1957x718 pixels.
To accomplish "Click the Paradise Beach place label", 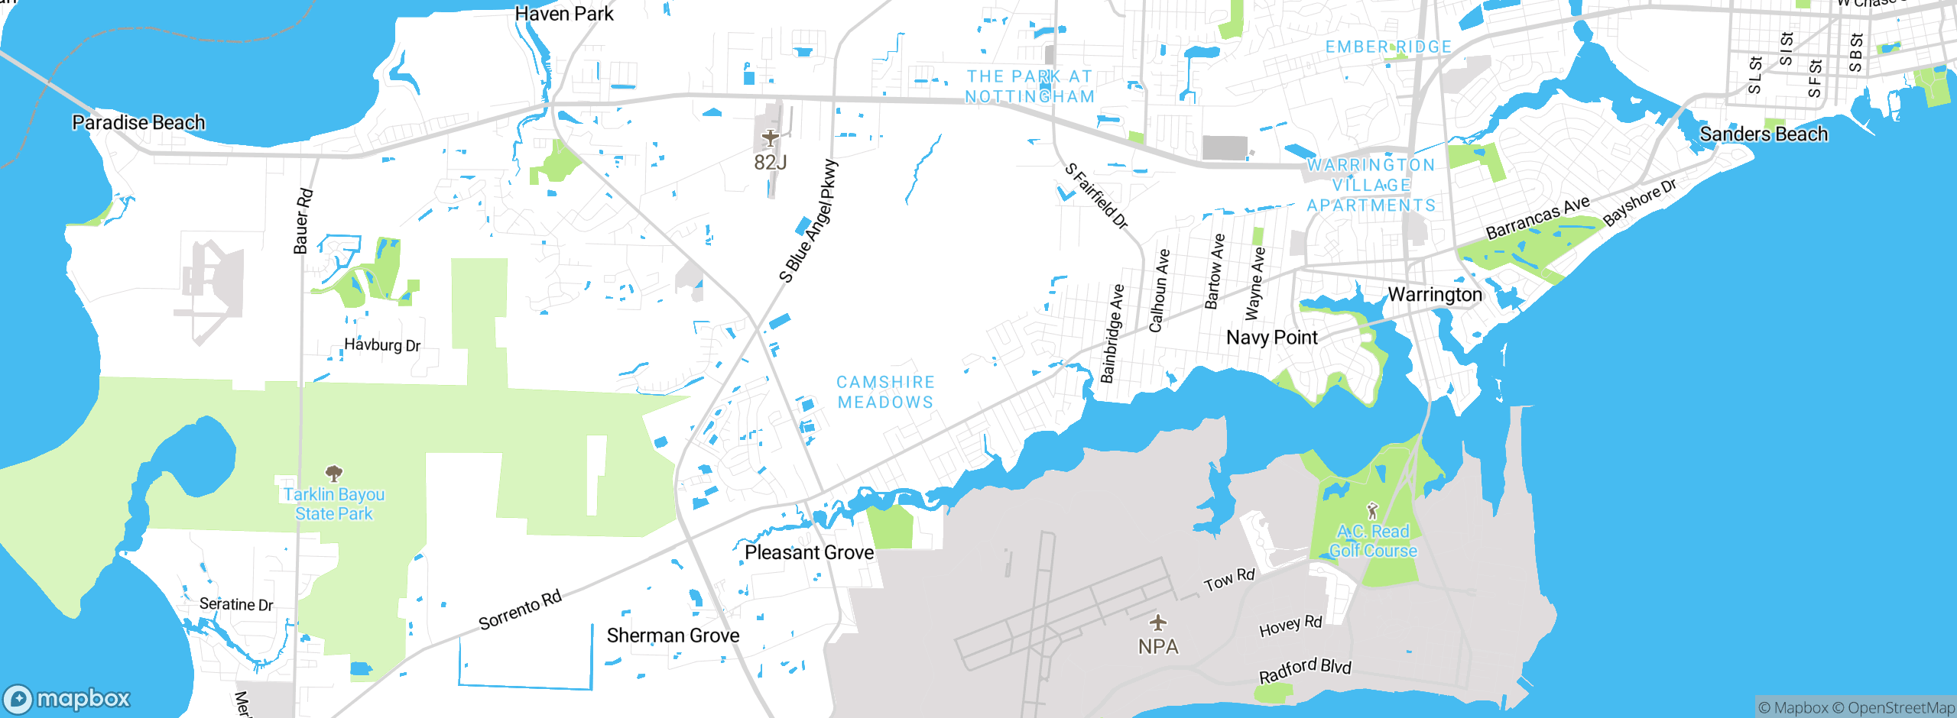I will [138, 122].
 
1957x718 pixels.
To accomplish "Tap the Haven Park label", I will [564, 14].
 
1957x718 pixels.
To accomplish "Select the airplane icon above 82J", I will [770, 138].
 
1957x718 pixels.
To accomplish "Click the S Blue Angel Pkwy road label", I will [809, 221].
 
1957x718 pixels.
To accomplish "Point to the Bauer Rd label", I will [303, 222].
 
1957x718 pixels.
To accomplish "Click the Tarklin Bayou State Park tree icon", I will [333, 473].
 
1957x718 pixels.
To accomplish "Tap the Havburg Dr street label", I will [382, 345].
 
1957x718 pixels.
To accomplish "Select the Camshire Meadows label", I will [885, 392].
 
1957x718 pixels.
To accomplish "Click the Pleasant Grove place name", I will [809, 552].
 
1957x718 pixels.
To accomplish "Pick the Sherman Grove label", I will [673, 636].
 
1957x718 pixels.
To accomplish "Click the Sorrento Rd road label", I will [520, 610].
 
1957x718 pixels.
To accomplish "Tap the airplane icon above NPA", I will [1158, 623].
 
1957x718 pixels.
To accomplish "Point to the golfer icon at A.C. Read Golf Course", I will [1372, 510].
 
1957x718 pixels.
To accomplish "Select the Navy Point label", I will [1272, 338].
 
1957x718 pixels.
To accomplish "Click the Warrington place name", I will [1435, 295].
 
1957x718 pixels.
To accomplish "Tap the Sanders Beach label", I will [1764, 134].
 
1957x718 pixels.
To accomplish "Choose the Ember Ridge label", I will [1388, 47].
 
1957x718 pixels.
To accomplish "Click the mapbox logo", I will [67, 699].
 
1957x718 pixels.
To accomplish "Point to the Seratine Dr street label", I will [236, 604].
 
